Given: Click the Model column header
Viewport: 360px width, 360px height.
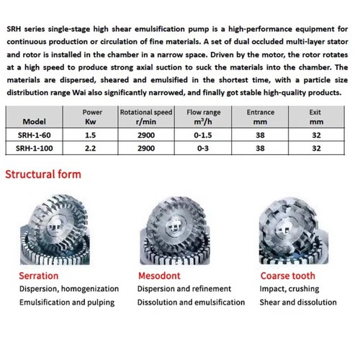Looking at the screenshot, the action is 35,122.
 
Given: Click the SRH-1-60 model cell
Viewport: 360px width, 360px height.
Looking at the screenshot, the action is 35,135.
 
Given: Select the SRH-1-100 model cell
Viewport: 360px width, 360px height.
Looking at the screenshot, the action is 37,149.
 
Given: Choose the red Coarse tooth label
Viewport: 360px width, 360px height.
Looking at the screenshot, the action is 288,276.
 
